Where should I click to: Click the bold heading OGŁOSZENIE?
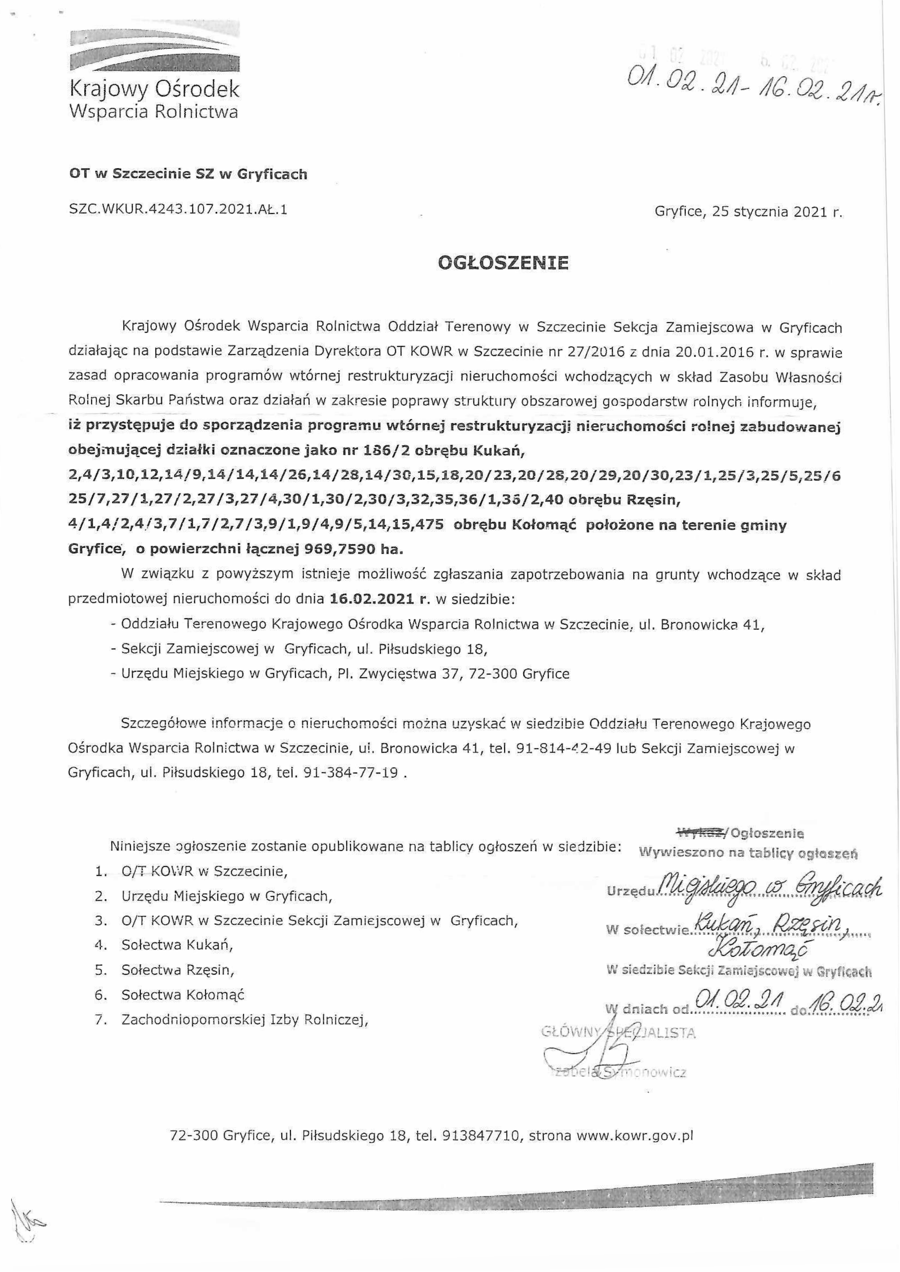(x=503, y=263)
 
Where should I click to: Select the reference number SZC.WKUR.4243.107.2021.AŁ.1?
(x=178, y=211)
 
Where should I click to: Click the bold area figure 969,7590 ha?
(x=353, y=549)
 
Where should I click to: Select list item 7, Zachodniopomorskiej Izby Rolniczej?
(x=245, y=1019)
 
